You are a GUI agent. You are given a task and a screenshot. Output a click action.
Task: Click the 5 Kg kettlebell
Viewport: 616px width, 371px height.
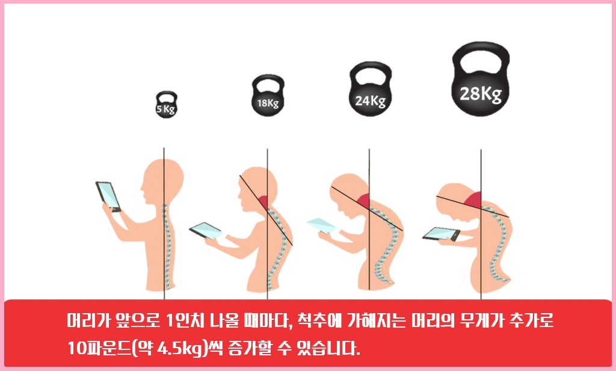[x=166, y=108]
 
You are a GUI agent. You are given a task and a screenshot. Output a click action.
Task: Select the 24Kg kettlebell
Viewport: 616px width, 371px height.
[x=369, y=96]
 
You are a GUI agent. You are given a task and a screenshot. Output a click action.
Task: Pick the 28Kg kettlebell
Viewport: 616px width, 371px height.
[x=480, y=90]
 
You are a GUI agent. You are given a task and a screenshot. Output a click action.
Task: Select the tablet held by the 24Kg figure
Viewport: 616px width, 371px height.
[x=321, y=225]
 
